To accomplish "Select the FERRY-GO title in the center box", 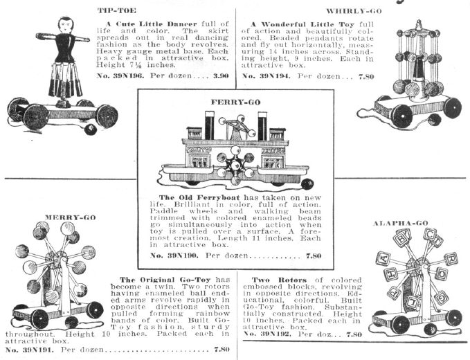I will (x=233, y=101).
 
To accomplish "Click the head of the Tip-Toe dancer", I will (x=66, y=26).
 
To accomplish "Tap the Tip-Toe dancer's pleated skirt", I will (x=66, y=81).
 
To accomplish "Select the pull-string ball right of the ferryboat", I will (x=307, y=184).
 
